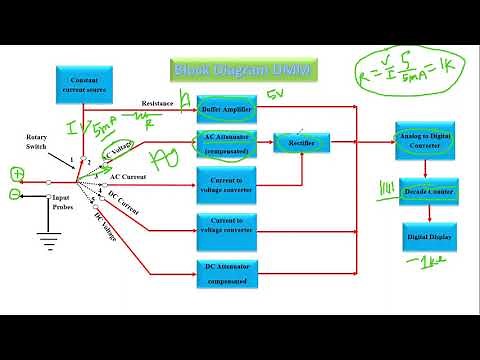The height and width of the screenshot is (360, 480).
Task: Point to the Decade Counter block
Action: pyautogui.click(x=428, y=191)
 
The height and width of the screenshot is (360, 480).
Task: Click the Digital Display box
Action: pyautogui.click(x=428, y=237)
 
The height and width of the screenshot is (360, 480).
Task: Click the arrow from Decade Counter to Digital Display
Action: pyautogui.click(x=428, y=213)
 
